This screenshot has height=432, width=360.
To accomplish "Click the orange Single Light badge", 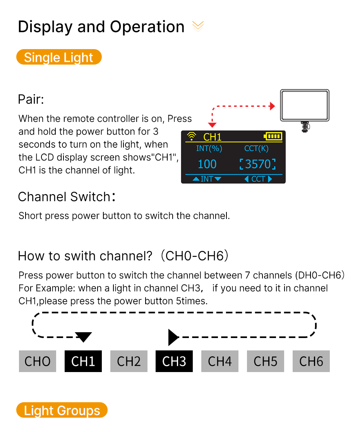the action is pos(59,57).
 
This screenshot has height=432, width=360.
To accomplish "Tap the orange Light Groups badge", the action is pos(62,410).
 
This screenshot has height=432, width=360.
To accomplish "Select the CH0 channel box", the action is pos(38,361).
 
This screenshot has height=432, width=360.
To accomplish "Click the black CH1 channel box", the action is pos(83,361).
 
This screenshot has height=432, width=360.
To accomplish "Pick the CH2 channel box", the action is pos(129,361).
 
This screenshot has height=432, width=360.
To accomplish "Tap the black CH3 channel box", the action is pos(174,361).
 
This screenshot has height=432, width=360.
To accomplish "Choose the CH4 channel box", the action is pos(220,361).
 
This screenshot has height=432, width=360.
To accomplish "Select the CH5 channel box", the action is pos(266,361).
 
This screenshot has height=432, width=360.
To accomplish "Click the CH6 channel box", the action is pos(311,361).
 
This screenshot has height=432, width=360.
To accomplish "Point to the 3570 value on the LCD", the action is pos(258,164).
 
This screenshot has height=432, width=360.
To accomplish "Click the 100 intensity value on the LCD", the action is pos(207,164).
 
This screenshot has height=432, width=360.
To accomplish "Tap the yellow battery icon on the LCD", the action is pos(273,136).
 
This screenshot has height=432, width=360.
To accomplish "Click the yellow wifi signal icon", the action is pos(192,136).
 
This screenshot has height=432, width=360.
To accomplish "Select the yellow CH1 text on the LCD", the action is pos(213,137).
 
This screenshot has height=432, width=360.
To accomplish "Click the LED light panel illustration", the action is pos(305,105).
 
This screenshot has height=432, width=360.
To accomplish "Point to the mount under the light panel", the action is pos(305,127).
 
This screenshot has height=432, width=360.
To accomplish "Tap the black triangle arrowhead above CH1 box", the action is pos(83,337).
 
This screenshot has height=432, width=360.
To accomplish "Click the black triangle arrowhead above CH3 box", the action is pos(173,337).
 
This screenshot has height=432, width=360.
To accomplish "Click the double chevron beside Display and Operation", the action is pos(198,26).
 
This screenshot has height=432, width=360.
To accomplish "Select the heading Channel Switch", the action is pos(67,197).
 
